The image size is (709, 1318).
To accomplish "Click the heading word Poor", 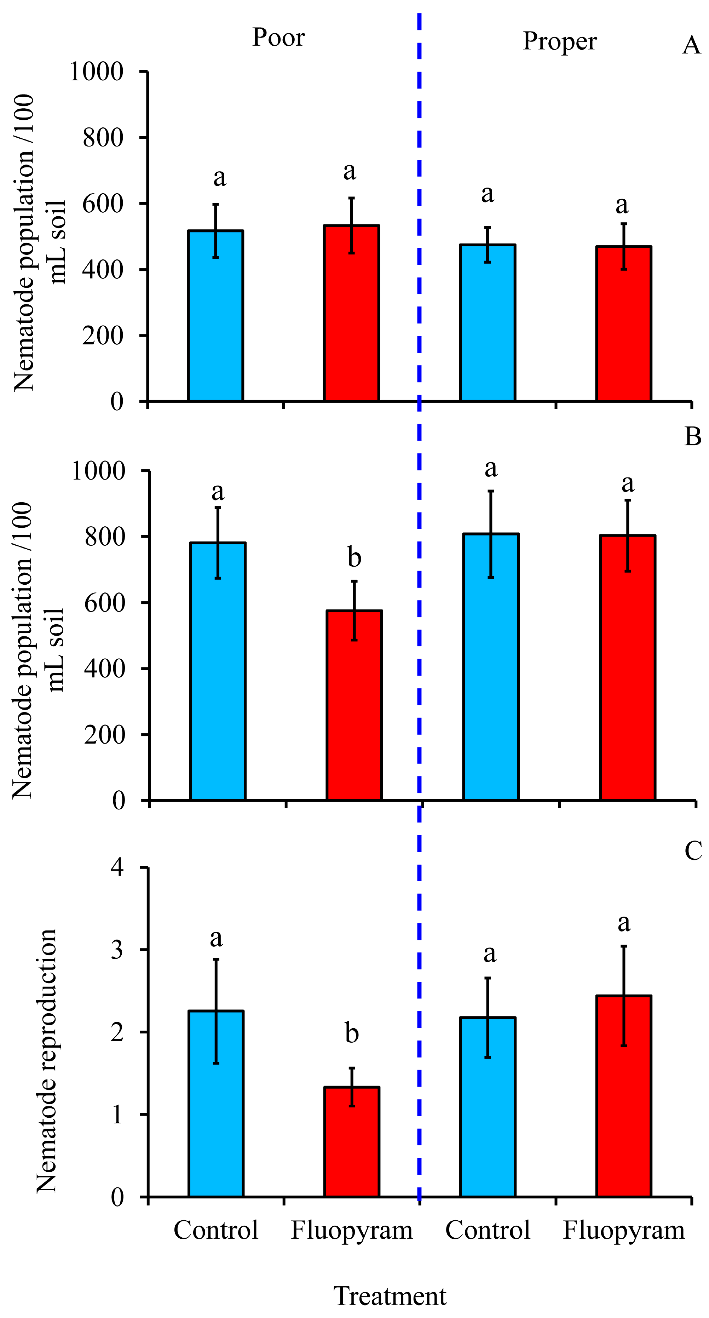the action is pos(278,38).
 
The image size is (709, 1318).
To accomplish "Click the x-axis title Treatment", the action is pos(390,1296).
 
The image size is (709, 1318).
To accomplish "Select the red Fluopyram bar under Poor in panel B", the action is pos(354,705).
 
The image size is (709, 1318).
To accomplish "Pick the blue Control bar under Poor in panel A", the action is pos(215,316).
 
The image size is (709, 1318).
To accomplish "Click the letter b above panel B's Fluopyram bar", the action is pos(354,557).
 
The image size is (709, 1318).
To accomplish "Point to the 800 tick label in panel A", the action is pos(103,138).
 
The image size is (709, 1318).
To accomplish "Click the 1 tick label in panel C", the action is pos(118,1115).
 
